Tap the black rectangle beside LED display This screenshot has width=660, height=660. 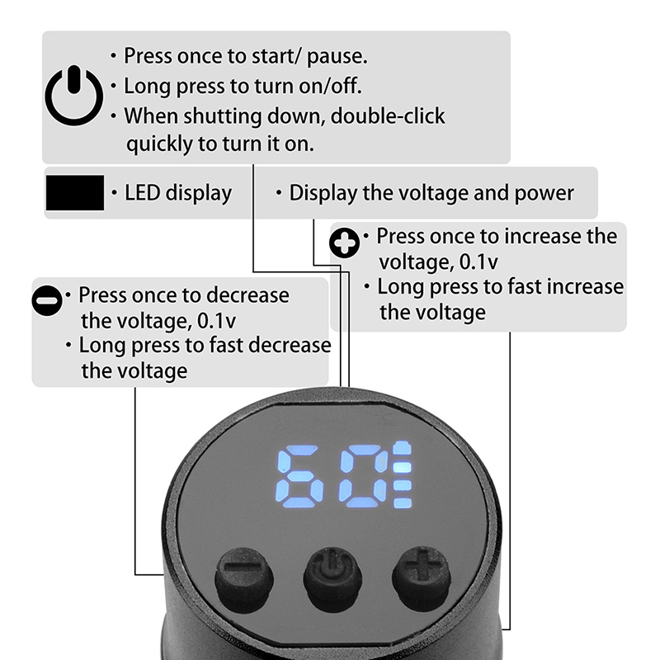[x=75, y=193]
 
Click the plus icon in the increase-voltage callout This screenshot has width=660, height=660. [x=344, y=243]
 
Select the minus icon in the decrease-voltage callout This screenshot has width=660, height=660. [x=47, y=300]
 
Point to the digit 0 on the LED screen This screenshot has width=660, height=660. [x=365, y=476]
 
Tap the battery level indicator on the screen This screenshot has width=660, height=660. [x=403, y=475]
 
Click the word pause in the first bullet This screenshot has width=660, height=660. [x=337, y=57]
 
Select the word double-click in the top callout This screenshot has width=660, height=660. [x=388, y=116]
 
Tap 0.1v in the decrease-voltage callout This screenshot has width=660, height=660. [x=216, y=321]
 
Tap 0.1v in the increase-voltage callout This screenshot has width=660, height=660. [x=478, y=262]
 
